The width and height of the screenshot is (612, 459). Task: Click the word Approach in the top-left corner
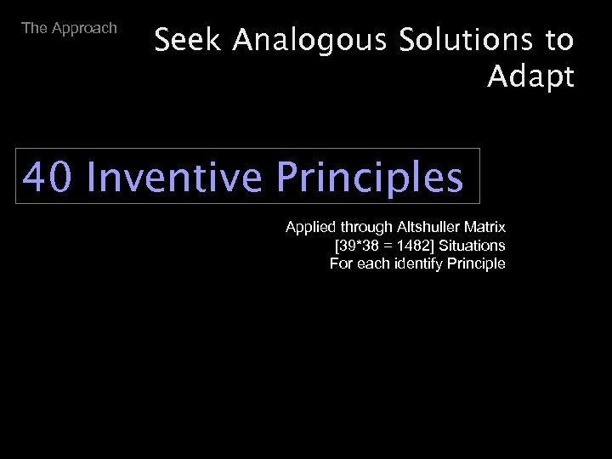[84, 28]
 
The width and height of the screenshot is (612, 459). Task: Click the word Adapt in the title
[531, 77]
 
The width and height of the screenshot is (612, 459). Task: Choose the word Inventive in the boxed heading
[174, 177]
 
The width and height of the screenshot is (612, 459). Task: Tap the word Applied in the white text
[311, 228]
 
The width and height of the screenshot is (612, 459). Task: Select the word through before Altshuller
[367, 228]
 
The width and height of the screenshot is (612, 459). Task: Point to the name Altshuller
[429, 228]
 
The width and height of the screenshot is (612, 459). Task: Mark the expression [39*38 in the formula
[360, 246]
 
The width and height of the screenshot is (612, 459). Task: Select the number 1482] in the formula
[417, 246]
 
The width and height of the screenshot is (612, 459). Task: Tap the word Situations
[473, 246]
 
